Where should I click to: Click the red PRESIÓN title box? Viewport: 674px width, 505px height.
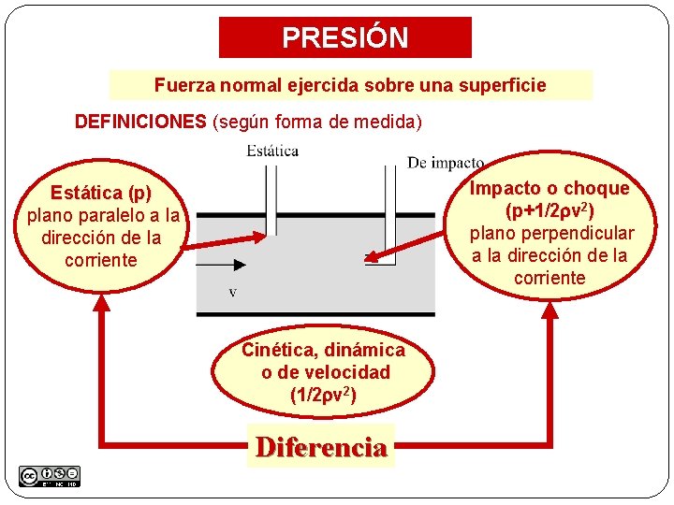click(x=345, y=37)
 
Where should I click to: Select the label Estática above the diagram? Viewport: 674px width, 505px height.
click(x=272, y=150)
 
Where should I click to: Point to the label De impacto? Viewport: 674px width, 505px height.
click(x=446, y=163)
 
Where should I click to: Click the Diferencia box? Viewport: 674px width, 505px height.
click(x=321, y=447)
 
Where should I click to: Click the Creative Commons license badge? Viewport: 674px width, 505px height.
click(x=50, y=475)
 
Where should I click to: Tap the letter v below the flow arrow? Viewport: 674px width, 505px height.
click(x=233, y=292)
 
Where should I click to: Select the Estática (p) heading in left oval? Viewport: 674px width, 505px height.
click(x=101, y=194)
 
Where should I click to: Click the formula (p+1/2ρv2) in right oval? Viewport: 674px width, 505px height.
click(x=550, y=210)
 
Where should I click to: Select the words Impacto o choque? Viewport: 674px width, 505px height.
click(x=549, y=188)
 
